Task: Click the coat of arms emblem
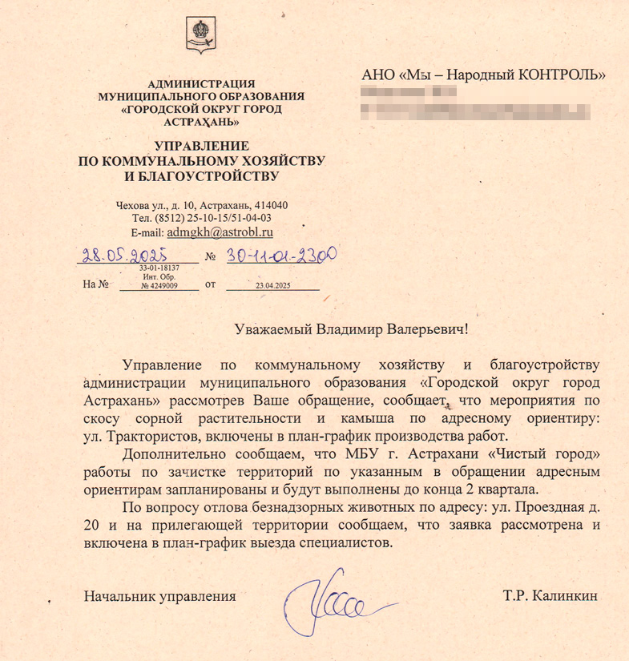click(200, 34)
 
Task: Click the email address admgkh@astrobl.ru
click(219, 232)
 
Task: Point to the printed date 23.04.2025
click(272, 285)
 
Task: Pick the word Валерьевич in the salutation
click(424, 328)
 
